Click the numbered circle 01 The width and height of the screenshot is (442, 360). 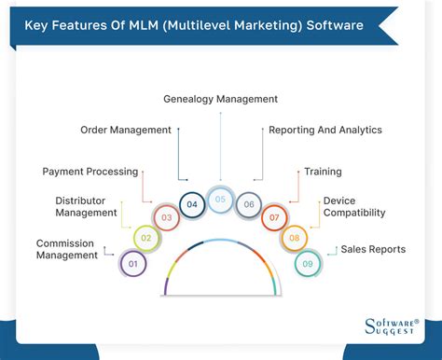[133, 264]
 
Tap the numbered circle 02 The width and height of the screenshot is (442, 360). [145, 239]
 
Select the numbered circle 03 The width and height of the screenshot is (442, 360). [165, 218]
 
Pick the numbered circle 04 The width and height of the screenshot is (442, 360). [191, 204]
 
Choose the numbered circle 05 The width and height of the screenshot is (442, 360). [220, 199]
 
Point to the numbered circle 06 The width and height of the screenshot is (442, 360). [249, 204]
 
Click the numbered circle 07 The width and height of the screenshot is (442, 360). [275, 218]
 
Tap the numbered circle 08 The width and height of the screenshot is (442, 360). [295, 239]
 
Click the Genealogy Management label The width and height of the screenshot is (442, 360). [220, 98]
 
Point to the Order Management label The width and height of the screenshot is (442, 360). [126, 130]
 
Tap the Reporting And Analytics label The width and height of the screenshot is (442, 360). [325, 130]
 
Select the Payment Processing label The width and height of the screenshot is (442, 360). [90, 171]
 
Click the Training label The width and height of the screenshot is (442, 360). [323, 172]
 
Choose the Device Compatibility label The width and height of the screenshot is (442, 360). [353, 206]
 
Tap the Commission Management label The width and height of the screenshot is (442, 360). [67, 249]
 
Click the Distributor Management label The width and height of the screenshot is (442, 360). [86, 206]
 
